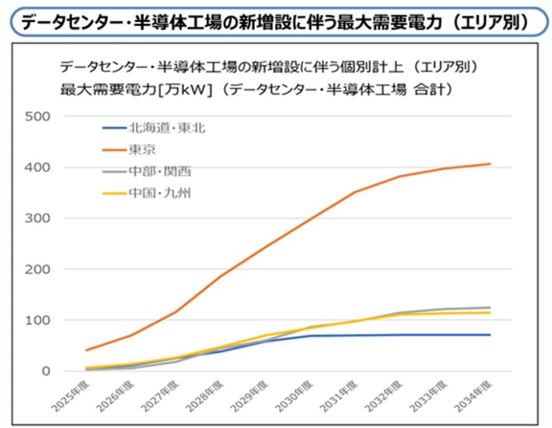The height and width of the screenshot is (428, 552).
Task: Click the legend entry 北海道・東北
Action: click(x=167, y=128)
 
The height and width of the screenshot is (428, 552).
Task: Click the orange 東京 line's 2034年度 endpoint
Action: click(x=490, y=164)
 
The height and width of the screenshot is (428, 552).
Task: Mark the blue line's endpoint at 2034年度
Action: click(x=490, y=335)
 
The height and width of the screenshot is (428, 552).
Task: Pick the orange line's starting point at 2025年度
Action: click(x=86, y=350)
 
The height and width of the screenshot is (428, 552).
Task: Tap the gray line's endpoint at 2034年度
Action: click(x=490, y=307)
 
